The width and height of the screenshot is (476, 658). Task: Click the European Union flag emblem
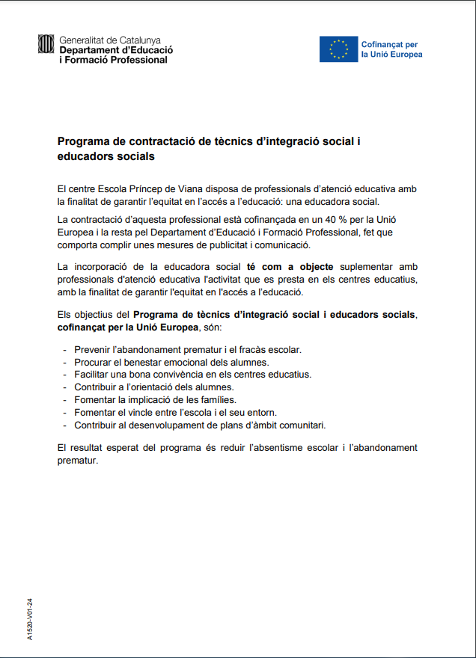[338, 49]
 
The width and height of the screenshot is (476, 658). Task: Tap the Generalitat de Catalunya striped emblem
[46, 45]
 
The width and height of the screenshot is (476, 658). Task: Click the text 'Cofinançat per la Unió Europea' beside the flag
[391, 49]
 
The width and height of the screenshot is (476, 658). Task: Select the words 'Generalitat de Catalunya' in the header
[109, 40]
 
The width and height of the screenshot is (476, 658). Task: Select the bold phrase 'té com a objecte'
[290, 267]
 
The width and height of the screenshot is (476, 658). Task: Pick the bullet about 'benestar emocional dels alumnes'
[171, 362]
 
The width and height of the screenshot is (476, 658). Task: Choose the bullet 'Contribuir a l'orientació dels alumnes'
[153, 387]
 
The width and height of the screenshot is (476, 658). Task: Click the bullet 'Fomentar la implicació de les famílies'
[160, 400]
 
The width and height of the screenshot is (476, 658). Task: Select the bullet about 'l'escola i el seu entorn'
[175, 412]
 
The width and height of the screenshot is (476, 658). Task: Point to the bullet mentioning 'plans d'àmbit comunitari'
[199, 425]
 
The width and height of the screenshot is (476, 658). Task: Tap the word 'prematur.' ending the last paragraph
[78, 461]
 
